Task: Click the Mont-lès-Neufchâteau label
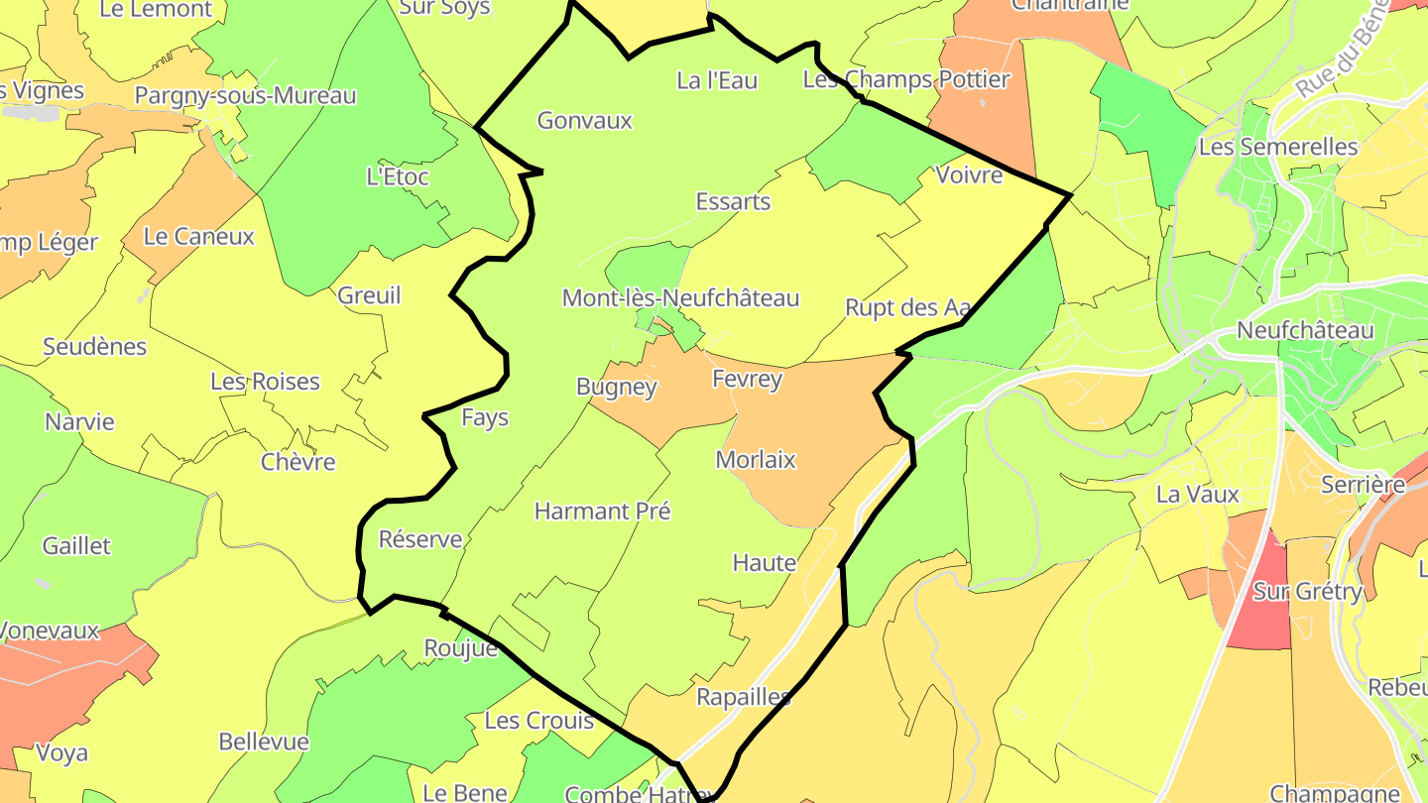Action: coord(680,298)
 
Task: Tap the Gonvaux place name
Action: coord(584,121)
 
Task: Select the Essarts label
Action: coord(733,202)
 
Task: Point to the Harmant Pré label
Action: coord(602,512)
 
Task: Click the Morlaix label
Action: coord(756,460)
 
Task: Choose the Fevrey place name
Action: coord(747,379)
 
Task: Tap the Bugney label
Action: coord(617,387)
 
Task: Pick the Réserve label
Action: coord(420,539)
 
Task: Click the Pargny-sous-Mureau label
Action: coord(245,96)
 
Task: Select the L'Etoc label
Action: coord(398,177)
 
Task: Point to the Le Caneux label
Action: coord(199,237)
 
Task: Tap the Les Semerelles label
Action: coord(1278,148)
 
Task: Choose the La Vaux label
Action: coord(1198,494)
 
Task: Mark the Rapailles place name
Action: coord(744,697)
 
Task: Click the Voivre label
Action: coord(969,175)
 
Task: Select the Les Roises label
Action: coord(265,382)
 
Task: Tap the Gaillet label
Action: coord(76,546)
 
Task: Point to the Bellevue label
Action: coord(264,742)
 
